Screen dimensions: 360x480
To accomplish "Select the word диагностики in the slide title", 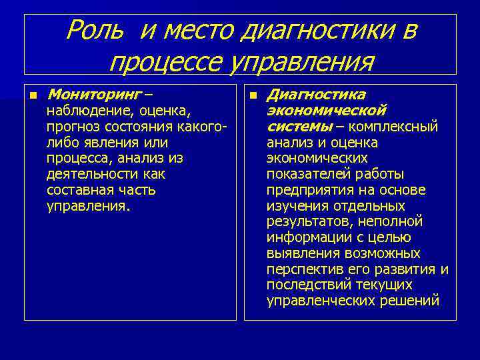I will (x=321, y=31).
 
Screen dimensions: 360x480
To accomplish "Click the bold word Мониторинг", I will (x=93, y=94).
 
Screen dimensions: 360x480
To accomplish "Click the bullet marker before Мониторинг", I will (x=32, y=95).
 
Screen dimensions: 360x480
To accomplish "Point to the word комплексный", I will (x=396, y=126).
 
